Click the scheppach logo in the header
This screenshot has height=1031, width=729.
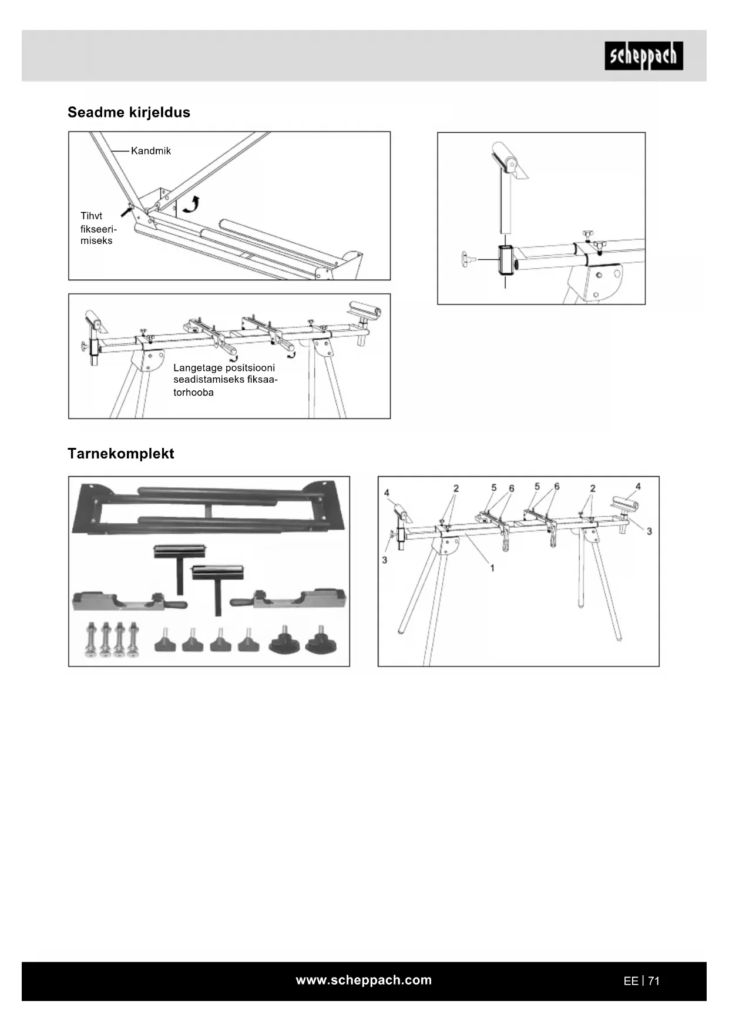(x=644, y=56)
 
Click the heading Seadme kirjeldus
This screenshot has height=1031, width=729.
(x=129, y=112)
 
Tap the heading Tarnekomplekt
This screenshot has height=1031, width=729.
(x=120, y=453)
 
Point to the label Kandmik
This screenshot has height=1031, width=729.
(x=151, y=151)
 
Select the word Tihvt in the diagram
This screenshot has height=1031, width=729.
(x=91, y=216)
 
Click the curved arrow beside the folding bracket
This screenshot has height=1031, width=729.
(x=191, y=204)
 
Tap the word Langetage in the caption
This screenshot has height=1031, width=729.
(x=197, y=368)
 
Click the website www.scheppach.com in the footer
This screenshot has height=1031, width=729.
(x=364, y=980)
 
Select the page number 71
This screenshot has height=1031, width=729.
(x=654, y=981)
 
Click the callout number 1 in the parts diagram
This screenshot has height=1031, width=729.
(x=492, y=568)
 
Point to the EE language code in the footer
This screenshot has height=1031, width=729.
(x=630, y=981)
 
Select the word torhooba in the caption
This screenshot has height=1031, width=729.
(x=193, y=393)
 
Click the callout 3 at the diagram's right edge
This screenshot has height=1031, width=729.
(x=649, y=531)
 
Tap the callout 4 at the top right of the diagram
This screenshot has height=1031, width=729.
(x=638, y=486)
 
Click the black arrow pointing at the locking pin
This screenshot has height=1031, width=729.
(x=125, y=210)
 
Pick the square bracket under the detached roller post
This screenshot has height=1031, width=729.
(x=505, y=260)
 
